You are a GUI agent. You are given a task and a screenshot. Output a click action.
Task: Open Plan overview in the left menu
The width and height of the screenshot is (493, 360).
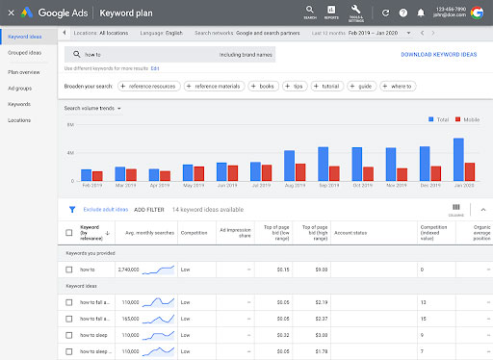pos(24,71)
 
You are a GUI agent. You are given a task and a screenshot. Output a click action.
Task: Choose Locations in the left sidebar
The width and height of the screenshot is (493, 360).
pos(18,120)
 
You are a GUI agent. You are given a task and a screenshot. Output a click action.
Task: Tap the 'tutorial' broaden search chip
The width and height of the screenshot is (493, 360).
pos(330,87)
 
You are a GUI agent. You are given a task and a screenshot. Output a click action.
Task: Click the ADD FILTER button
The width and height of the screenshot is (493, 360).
pos(149,209)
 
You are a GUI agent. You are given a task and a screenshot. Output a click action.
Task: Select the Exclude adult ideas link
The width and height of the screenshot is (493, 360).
pos(104,209)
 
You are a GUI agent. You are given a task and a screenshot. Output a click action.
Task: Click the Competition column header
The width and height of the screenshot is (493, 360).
pos(195,232)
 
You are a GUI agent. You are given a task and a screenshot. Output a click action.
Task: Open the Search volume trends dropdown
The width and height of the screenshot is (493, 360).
pos(92,109)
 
